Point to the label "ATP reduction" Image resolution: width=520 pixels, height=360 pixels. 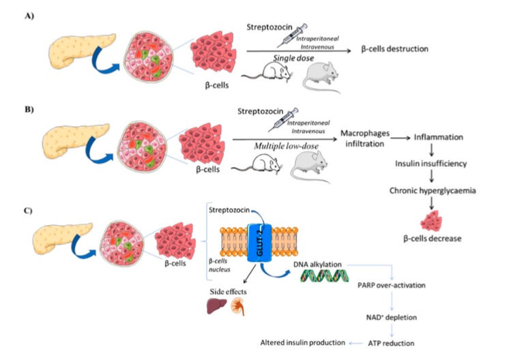[391, 343]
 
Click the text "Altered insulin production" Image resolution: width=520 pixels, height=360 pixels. [303, 342]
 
